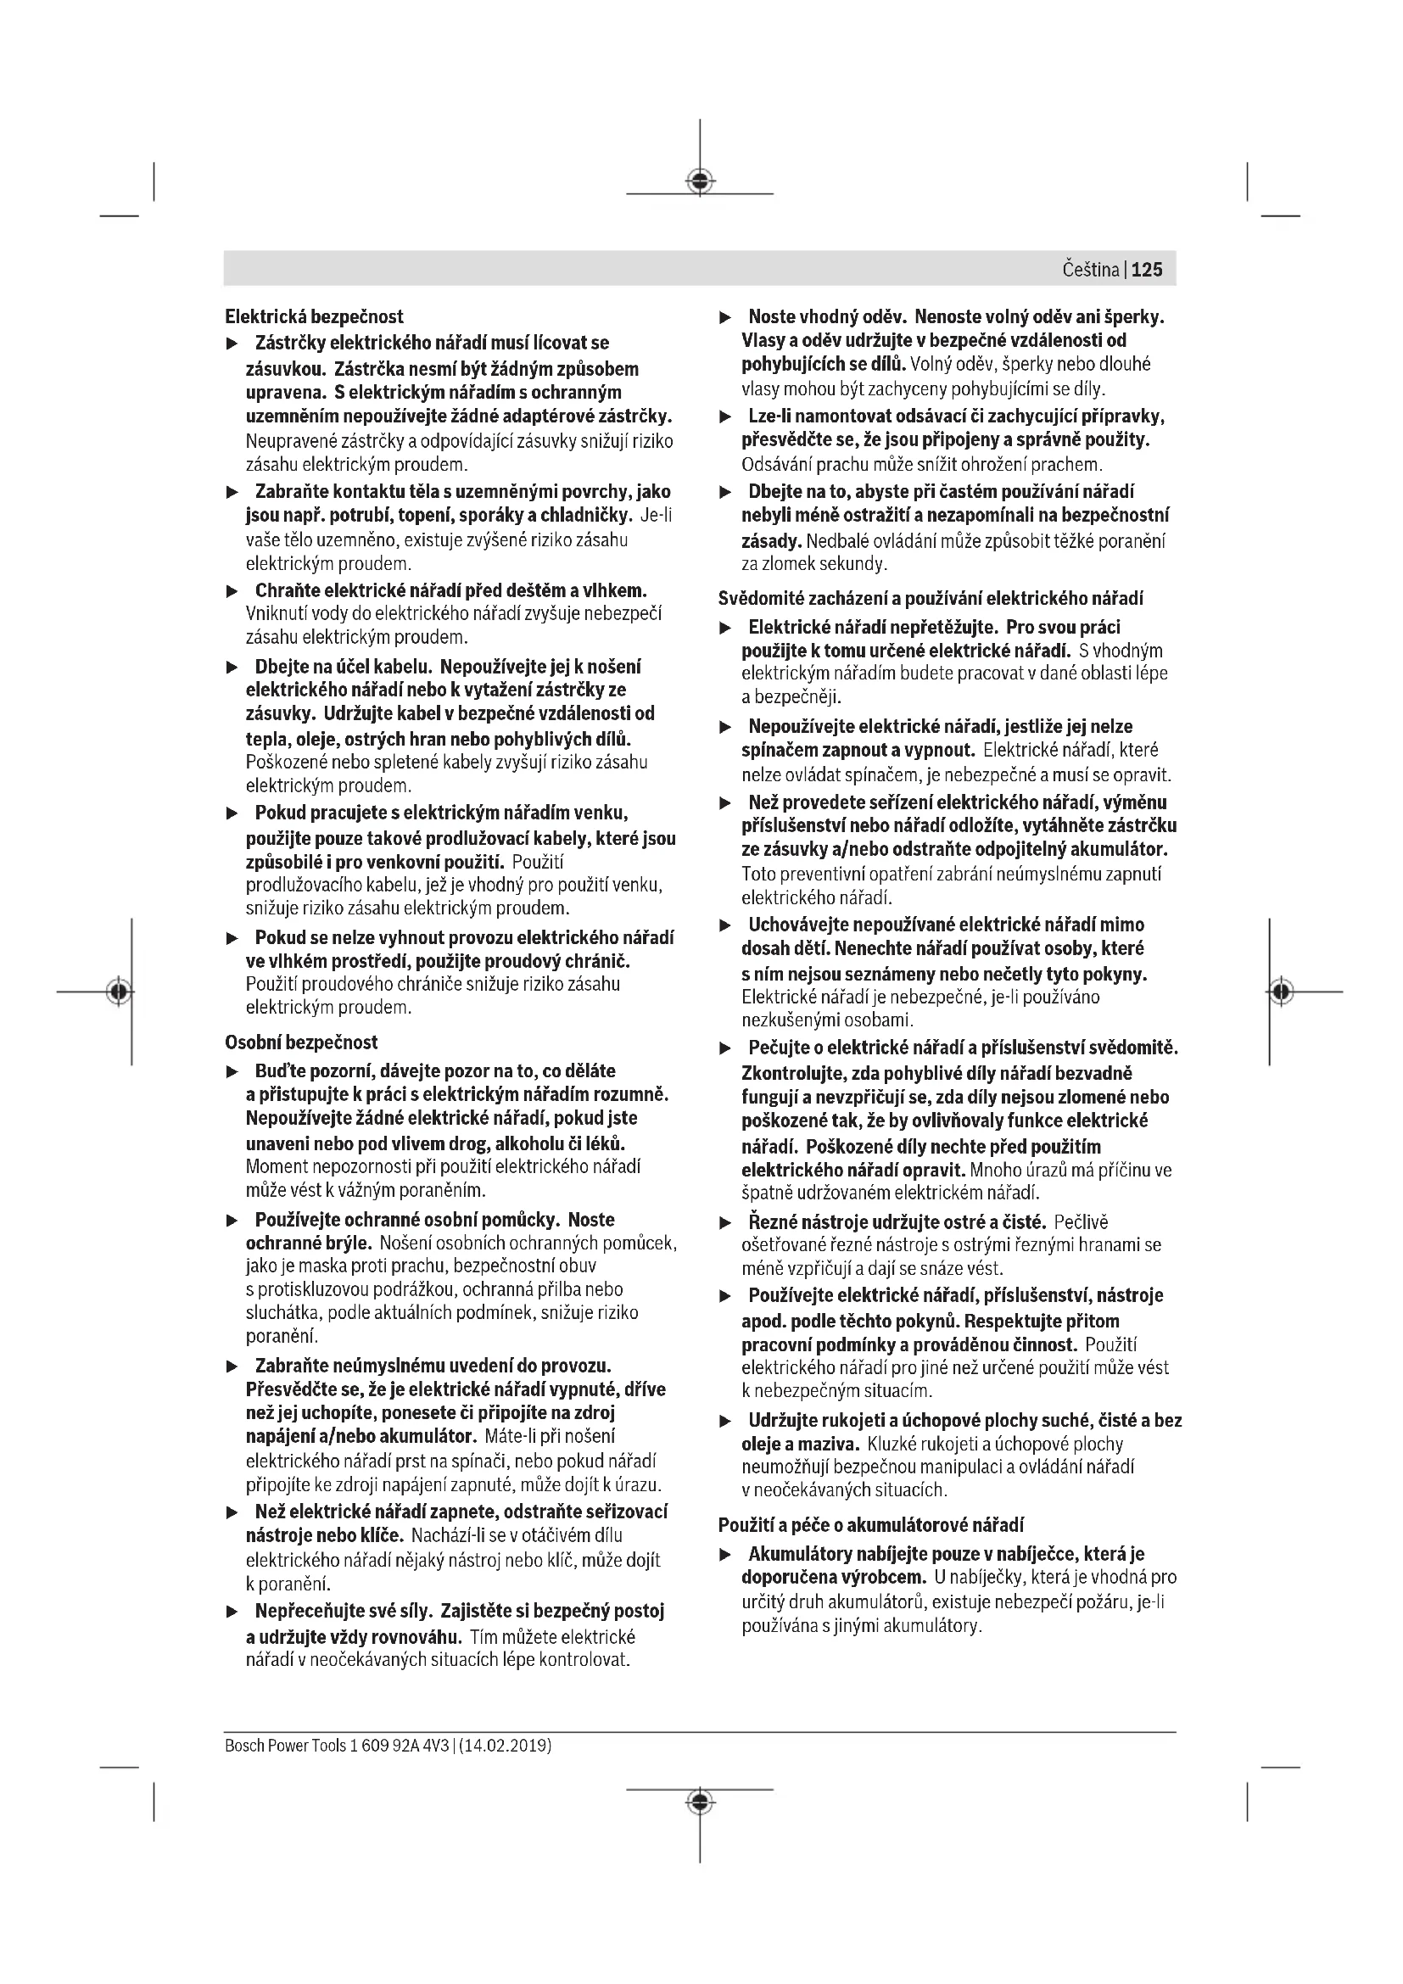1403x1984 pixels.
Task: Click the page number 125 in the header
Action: tap(1147, 270)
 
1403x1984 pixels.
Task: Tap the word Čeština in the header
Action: tap(1090, 270)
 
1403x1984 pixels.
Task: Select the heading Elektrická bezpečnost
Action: tap(315, 316)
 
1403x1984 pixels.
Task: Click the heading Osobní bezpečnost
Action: tap(301, 1042)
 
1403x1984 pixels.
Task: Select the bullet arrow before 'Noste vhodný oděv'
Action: tap(726, 317)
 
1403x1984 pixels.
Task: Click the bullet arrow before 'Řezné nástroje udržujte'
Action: tap(726, 1223)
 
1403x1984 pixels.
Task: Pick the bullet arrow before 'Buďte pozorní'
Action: tap(232, 1071)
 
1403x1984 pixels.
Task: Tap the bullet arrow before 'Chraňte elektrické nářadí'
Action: tap(232, 592)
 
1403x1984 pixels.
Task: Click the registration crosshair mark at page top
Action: tap(700, 181)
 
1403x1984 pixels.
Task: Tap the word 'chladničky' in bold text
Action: tap(590, 516)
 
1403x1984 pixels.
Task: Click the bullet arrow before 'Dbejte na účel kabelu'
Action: tap(232, 667)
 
